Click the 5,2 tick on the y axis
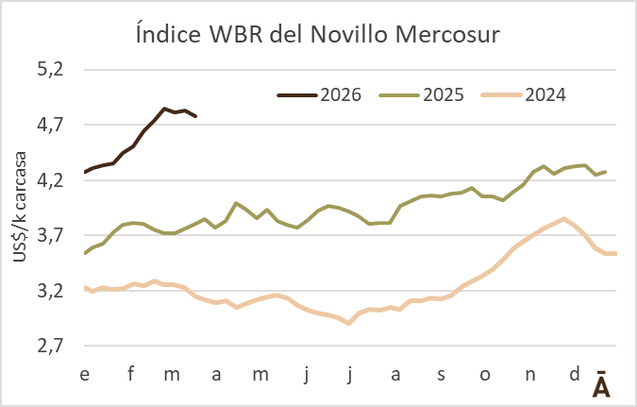50,70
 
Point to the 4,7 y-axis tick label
50,125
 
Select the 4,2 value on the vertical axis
50,179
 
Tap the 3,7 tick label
50,235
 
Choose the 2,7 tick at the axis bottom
50,346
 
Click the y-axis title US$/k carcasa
20,208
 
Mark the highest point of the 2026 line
164,109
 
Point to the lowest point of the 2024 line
349,324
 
